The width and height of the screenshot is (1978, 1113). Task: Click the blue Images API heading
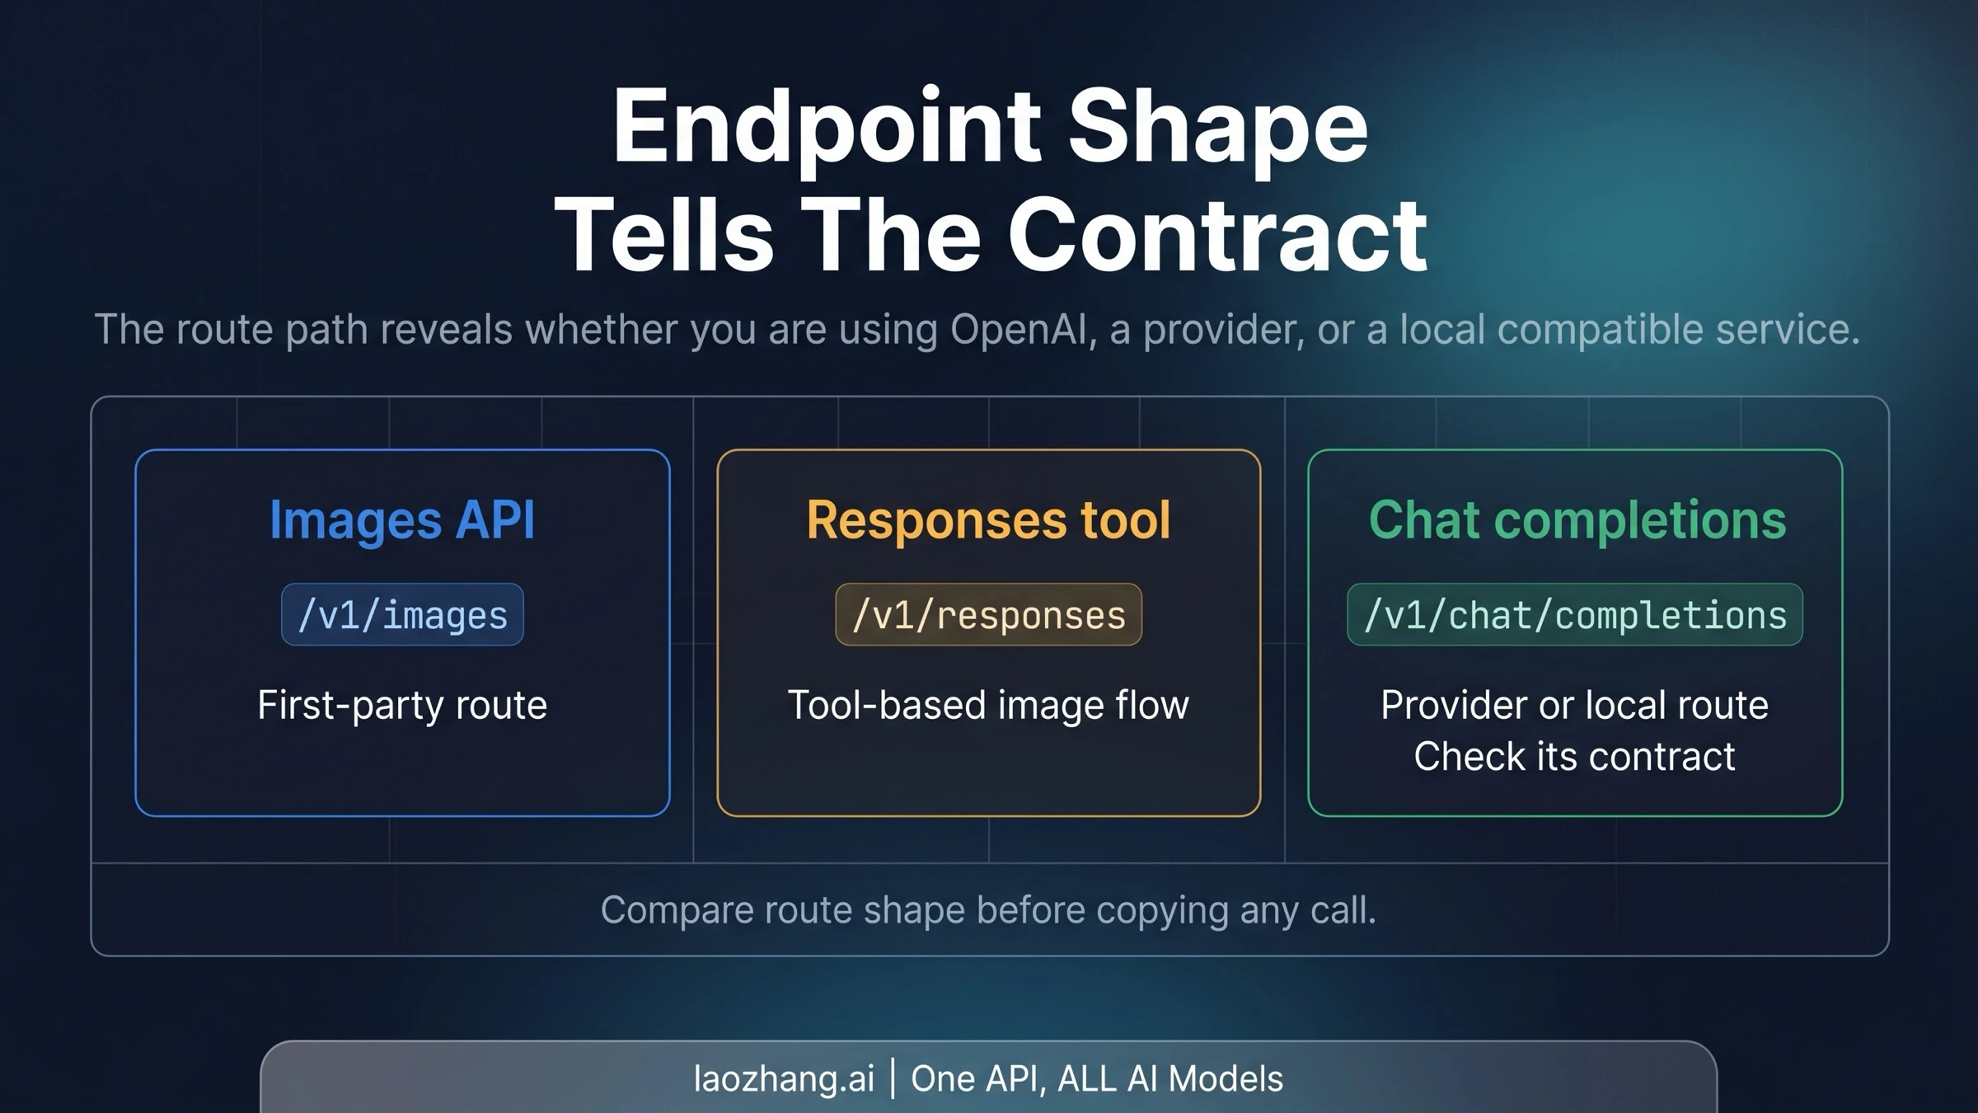(x=402, y=520)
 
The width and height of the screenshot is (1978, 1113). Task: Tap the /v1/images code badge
(x=402, y=615)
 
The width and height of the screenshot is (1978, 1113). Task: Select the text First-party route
(x=402, y=706)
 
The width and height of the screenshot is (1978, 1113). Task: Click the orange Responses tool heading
(x=988, y=520)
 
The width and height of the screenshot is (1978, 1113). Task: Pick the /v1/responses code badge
(x=988, y=615)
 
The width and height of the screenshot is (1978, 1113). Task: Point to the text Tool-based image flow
(x=988, y=706)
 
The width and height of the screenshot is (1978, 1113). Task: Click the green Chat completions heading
(x=1577, y=520)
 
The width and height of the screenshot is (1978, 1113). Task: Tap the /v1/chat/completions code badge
(x=1575, y=615)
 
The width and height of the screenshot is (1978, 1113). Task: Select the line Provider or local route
(x=1574, y=706)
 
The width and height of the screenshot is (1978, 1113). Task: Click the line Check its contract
(x=1574, y=757)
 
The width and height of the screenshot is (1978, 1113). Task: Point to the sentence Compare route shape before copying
(x=988, y=910)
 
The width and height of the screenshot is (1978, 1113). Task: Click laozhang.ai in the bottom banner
(x=784, y=1079)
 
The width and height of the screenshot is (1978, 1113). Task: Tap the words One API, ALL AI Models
(x=1097, y=1079)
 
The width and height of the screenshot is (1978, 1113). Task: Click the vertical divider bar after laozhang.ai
(x=893, y=1079)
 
